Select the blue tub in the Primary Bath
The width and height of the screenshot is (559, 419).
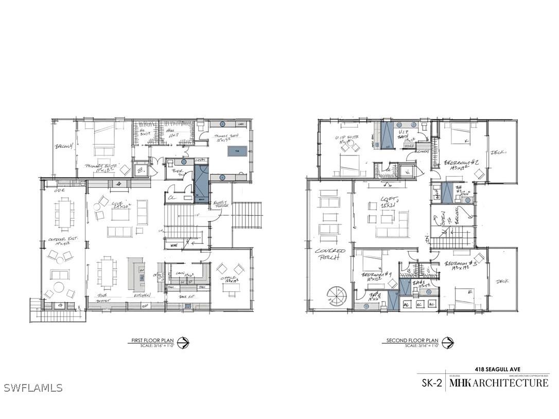[x=237, y=151]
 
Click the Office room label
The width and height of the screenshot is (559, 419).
[x=230, y=278]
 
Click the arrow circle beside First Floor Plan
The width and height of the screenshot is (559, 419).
[x=183, y=342]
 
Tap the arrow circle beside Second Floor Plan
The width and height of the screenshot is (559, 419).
[x=447, y=342]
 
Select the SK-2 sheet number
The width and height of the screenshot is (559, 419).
[x=432, y=383]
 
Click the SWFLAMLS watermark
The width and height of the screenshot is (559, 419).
[x=33, y=388]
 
